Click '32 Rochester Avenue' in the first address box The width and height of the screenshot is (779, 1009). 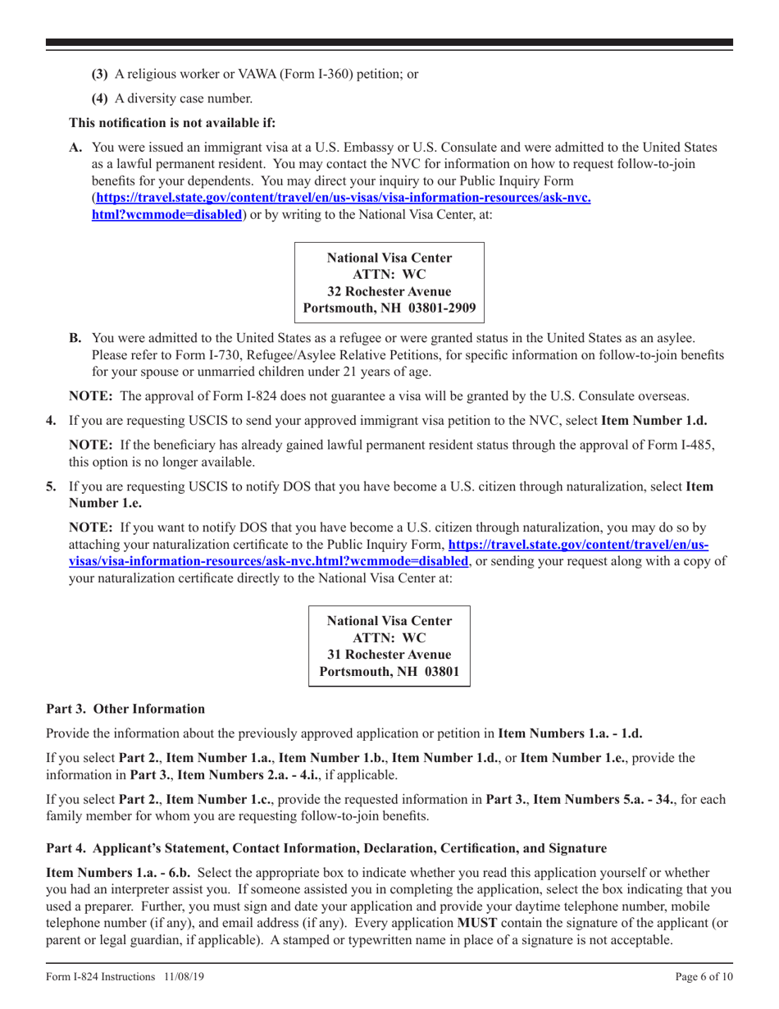(x=389, y=291)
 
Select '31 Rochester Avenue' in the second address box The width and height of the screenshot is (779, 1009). (x=389, y=654)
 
